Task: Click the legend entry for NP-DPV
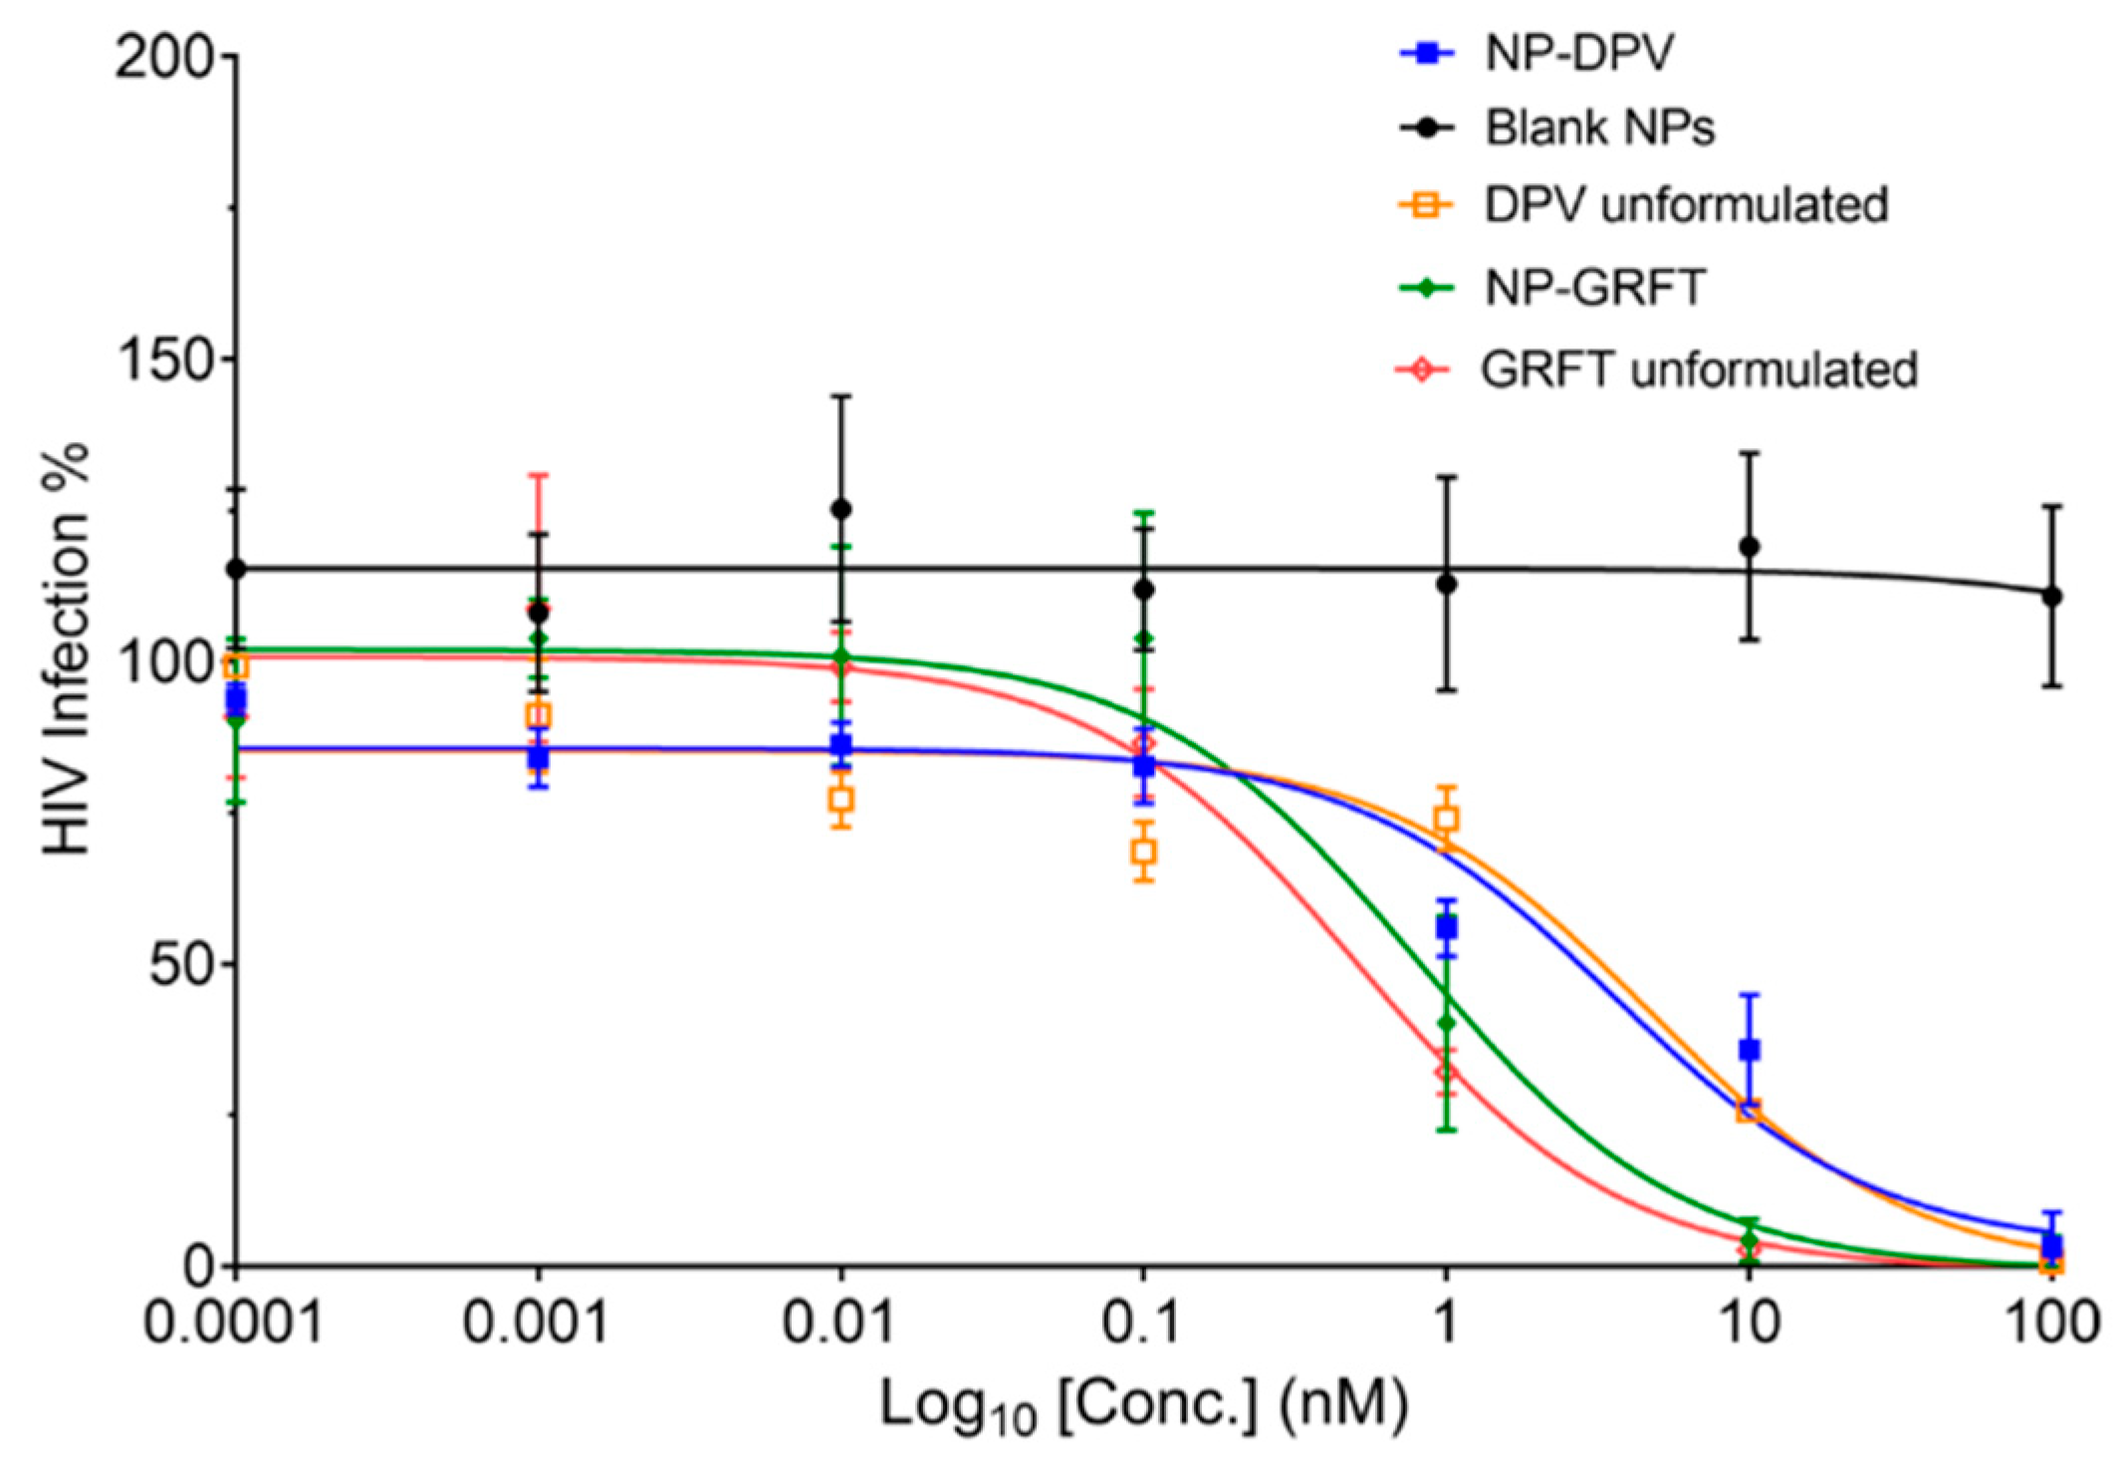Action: (x=1578, y=53)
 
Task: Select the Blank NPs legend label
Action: (x=1599, y=127)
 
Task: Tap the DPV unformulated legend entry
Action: (x=1685, y=205)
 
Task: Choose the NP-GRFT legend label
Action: (x=1594, y=288)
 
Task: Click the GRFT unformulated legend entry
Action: (x=1698, y=369)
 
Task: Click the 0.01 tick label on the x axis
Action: (x=838, y=1324)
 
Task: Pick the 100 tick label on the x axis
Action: (x=2049, y=1324)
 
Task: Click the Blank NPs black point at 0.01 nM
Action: (x=841, y=509)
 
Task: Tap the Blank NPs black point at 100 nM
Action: (x=2051, y=597)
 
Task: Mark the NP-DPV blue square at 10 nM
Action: (x=1749, y=1050)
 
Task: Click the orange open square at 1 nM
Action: (x=1446, y=819)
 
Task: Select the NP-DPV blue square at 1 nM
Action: (x=1446, y=927)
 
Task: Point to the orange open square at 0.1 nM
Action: (x=1144, y=852)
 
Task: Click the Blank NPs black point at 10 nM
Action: (x=1749, y=547)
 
